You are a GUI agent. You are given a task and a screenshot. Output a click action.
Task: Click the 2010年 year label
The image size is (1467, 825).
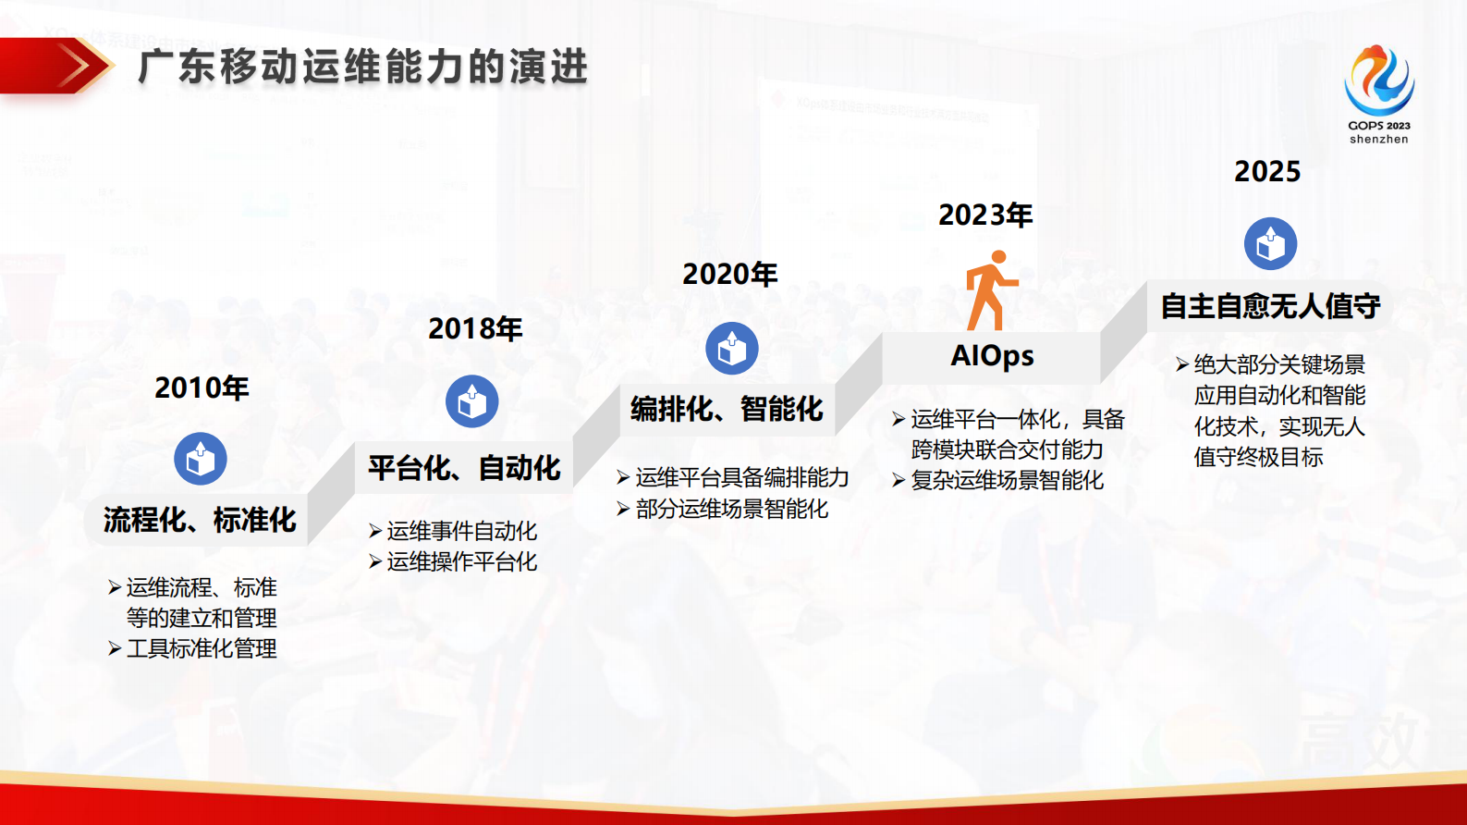(x=202, y=388)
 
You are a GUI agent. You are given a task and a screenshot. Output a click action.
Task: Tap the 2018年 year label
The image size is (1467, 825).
(x=475, y=328)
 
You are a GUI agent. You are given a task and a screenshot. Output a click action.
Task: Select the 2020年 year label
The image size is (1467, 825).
(x=729, y=274)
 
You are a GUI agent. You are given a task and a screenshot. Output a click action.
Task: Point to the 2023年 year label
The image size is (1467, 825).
(x=985, y=215)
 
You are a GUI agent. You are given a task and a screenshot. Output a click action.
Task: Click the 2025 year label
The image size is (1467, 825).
(x=1267, y=171)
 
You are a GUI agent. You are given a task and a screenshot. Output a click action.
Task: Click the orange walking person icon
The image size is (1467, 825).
(x=990, y=290)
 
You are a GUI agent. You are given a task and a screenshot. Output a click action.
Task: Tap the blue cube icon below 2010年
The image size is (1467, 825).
(x=201, y=459)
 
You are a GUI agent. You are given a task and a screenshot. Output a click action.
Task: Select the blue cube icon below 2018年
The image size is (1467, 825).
(x=472, y=401)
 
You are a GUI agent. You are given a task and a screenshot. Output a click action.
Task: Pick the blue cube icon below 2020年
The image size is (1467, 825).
(x=732, y=349)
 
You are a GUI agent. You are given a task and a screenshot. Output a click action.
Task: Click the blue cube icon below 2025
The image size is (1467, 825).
(x=1271, y=244)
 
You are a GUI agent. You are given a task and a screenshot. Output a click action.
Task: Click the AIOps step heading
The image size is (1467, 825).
(x=992, y=356)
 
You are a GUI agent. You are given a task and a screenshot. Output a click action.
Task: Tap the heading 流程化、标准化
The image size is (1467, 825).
(x=200, y=520)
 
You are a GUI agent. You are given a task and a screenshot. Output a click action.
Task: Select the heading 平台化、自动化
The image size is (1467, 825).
(x=464, y=468)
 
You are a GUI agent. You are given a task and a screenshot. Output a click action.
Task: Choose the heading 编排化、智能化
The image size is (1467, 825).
(x=727, y=409)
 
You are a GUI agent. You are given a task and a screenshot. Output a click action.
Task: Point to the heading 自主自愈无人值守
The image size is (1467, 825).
(x=1270, y=306)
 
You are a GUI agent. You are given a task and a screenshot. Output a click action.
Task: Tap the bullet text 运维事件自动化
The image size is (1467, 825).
(x=460, y=531)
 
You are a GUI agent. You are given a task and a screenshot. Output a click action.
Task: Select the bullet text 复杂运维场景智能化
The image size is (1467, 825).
(x=1006, y=480)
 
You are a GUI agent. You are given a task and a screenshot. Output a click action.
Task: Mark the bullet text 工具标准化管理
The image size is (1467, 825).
(x=201, y=648)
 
